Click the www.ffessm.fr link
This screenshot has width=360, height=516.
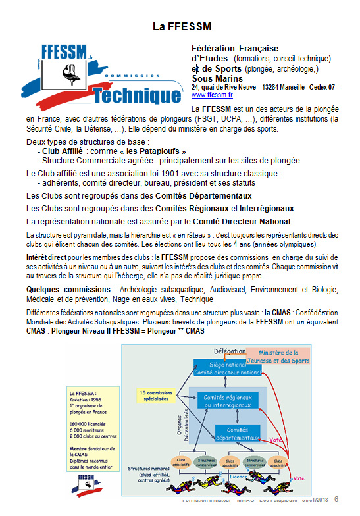coord(209,94)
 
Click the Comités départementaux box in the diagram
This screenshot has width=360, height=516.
coord(238,433)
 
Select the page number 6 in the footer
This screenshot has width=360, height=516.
coord(336,499)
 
